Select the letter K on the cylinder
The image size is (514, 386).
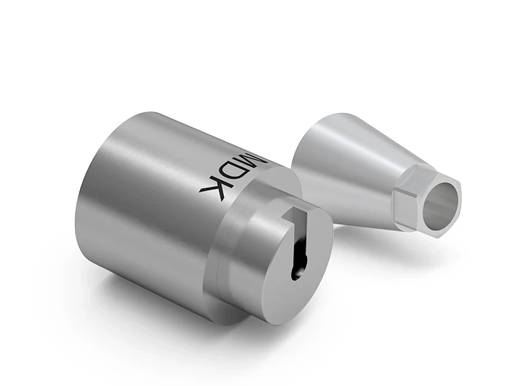[215, 187]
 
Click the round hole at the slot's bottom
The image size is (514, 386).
[296, 272]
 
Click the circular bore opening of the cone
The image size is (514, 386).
[441, 199]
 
